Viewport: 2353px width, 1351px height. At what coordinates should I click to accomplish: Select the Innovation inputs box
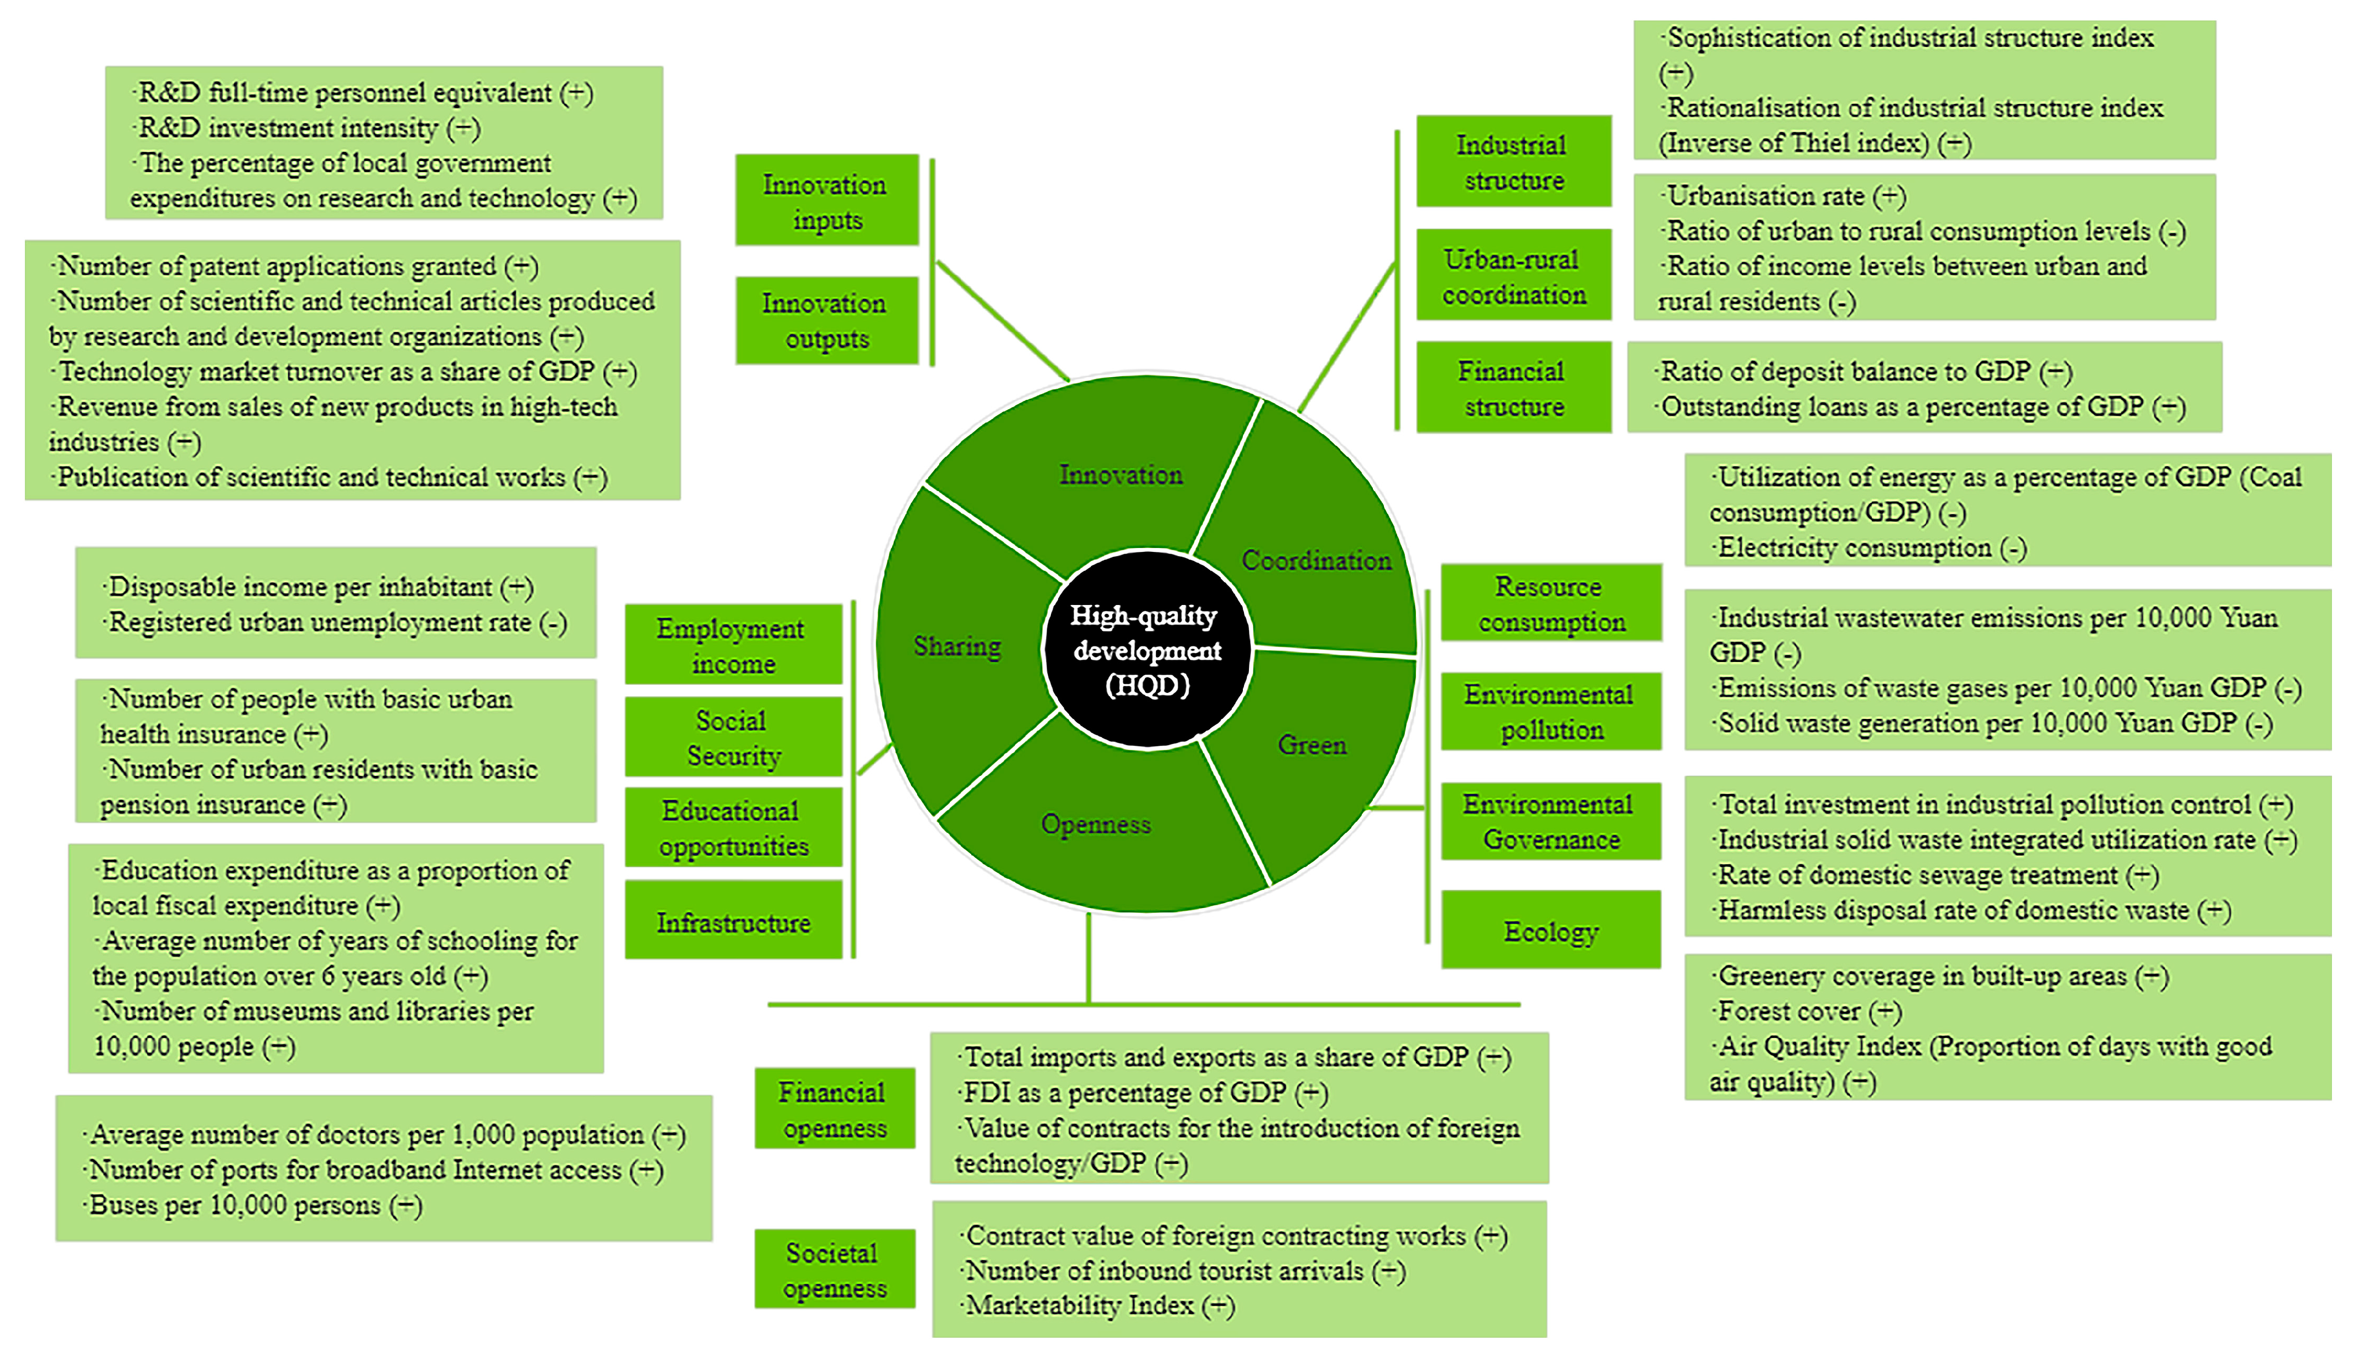coord(826,201)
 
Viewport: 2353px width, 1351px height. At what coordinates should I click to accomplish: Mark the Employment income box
coord(732,645)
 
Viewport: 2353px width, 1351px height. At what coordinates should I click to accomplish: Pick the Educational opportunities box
coord(732,828)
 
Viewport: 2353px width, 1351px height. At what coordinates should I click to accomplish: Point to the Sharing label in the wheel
coord(956,646)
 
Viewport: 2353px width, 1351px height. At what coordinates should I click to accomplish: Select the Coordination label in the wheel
coord(1316,560)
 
